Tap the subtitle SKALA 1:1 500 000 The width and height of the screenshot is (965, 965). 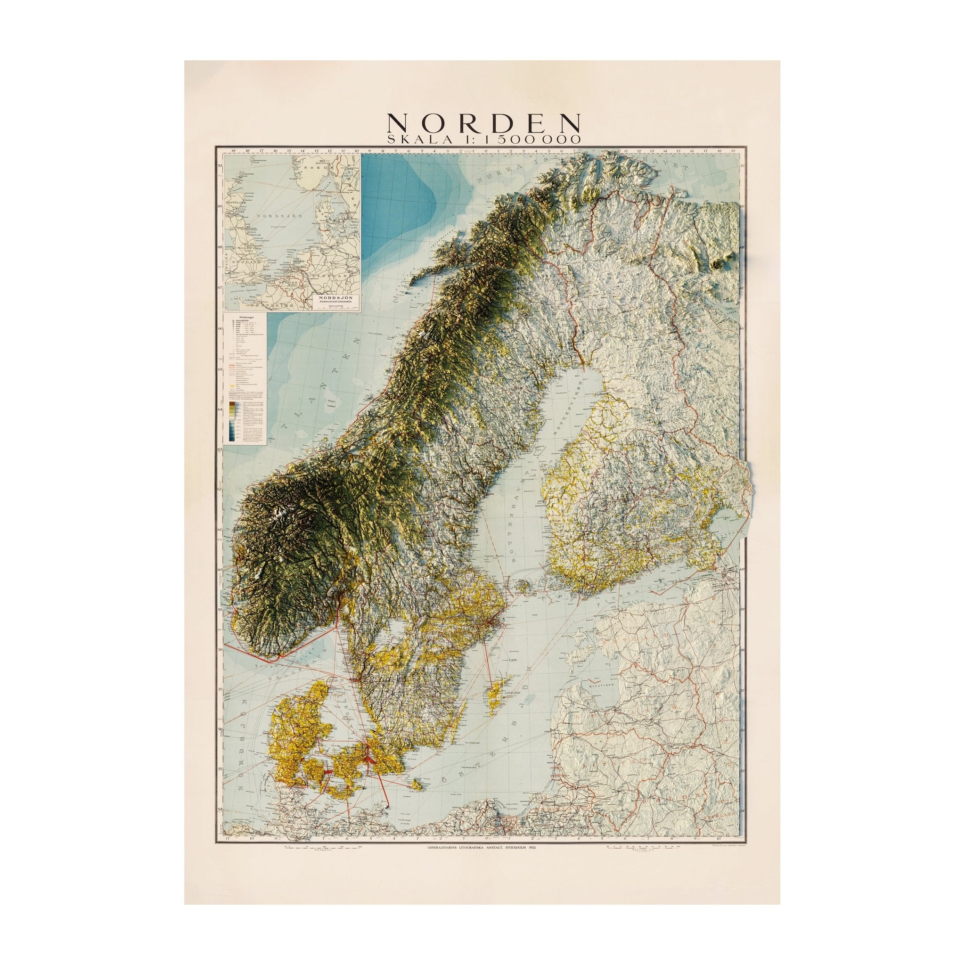pos(482,140)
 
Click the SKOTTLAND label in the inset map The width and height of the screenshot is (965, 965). pos(234,204)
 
